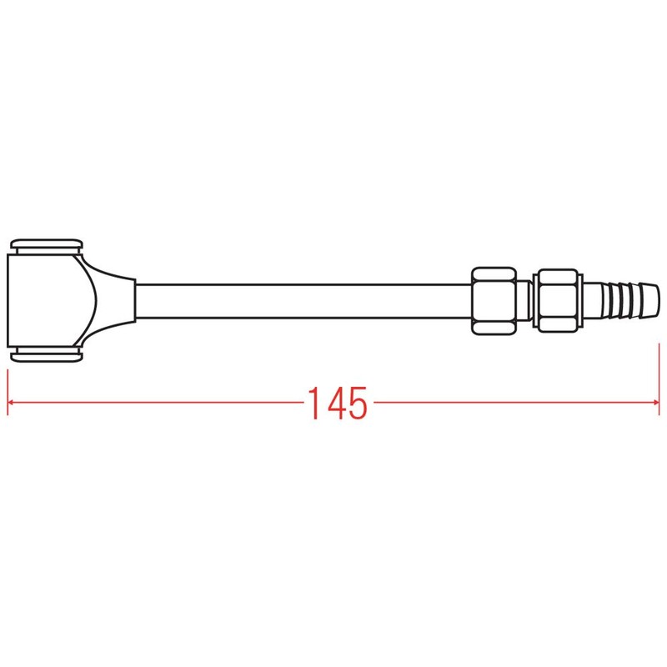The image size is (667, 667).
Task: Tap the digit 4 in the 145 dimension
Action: tap(336, 404)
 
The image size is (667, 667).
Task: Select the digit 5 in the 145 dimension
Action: tap(357, 404)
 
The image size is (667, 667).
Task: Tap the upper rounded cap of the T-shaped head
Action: tap(47, 244)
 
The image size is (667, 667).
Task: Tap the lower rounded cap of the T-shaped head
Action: tap(47, 355)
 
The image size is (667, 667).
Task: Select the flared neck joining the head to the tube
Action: tap(113, 300)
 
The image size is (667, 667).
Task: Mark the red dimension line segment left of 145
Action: tap(158, 404)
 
